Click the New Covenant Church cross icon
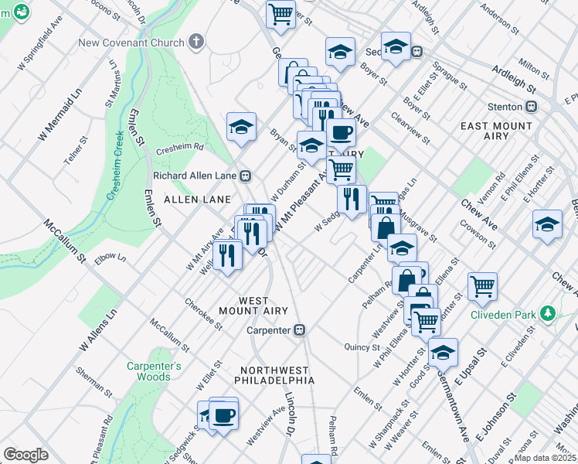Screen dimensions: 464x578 pyautogui.click(x=196, y=41)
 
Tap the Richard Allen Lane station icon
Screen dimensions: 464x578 pyautogui.click(x=245, y=176)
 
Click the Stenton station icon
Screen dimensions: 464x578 pyautogui.click(x=531, y=107)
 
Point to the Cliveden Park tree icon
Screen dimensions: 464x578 pyautogui.click(x=548, y=313)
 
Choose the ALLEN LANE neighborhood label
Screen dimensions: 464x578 pyautogui.click(x=198, y=200)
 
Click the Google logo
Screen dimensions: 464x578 pyautogui.click(x=25, y=454)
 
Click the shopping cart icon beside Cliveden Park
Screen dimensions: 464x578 pyautogui.click(x=482, y=286)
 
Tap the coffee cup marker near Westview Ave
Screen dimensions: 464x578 pyautogui.click(x=224, y=415)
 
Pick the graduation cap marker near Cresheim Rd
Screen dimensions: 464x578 pyautogui.click(x=241, y=128)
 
